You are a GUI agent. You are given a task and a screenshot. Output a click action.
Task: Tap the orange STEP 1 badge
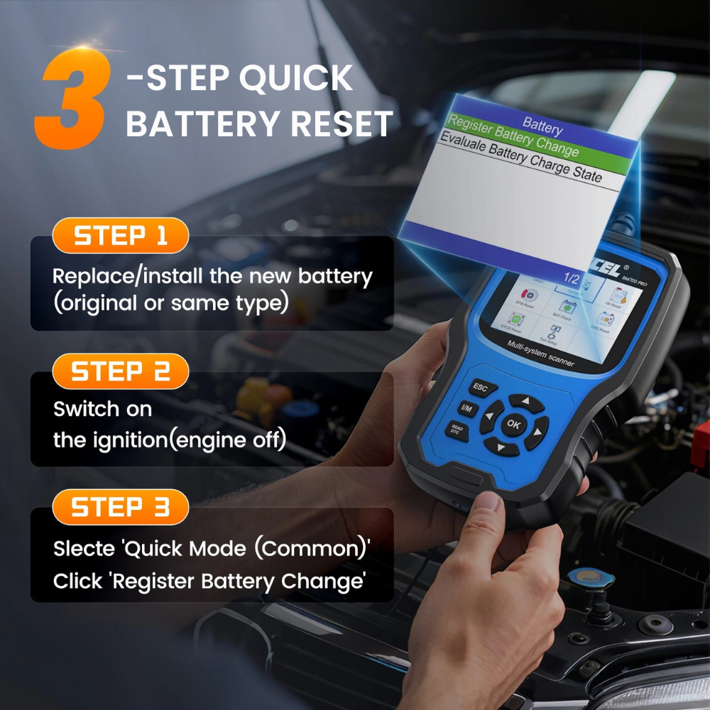pos(121,236)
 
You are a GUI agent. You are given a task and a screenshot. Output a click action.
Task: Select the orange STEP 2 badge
pos(121,372)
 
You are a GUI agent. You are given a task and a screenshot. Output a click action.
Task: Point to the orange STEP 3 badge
pos(121,508)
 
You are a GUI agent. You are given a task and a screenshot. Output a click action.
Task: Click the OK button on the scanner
pos(513,425)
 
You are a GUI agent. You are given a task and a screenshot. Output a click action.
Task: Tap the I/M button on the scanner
pos(466,408)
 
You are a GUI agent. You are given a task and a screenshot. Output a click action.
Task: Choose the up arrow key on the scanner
pos(526,402)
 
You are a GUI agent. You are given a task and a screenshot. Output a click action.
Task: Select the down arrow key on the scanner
pos(500,447)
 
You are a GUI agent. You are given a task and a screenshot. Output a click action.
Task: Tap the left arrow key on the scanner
pos(491,417)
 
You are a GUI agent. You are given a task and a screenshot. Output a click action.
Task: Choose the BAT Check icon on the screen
pos(567,310)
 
